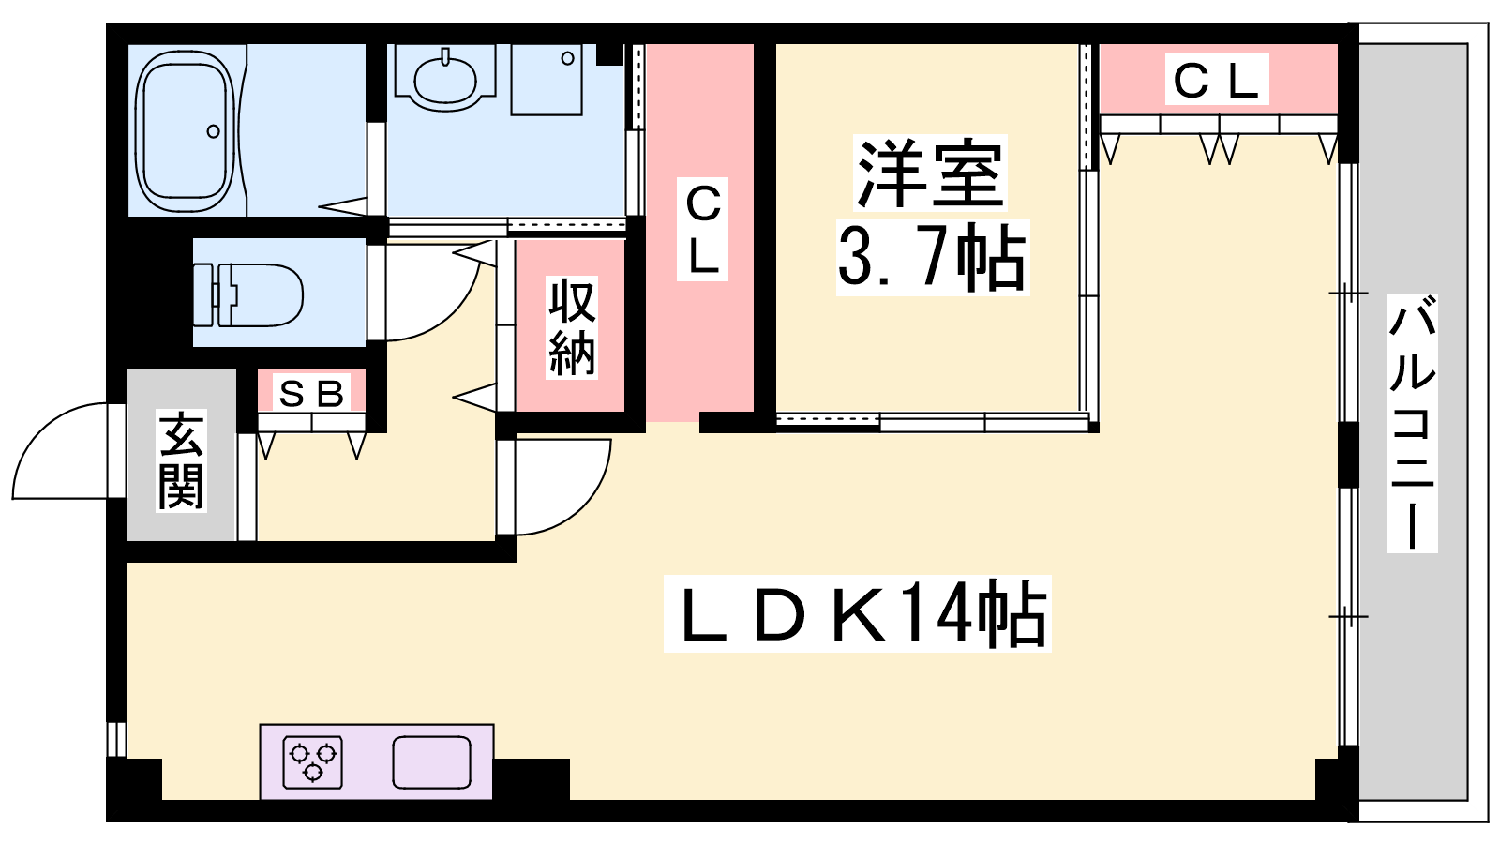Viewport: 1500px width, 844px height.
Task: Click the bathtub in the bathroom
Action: pyautogui.click(x=187, y=130)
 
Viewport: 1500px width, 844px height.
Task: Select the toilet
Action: pyautogui.click(x=248, y=295)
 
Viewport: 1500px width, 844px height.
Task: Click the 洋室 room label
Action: pyautogui.click(x=931, y=173)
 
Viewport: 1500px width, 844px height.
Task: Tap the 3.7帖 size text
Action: pyautogui.click(x=932, y=257)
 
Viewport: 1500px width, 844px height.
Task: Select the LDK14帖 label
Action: pyautogui.click(x=858, y=613)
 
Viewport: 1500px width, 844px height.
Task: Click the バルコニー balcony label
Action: pyautogui.click(x=1412, y=423)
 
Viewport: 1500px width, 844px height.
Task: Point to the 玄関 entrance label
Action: pyautogui.click(x=182, y=460)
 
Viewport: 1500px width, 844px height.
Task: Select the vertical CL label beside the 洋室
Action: pyautogui.click(x=702, y=229)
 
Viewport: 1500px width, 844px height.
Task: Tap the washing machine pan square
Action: pyautogui.click(x=547, y=79)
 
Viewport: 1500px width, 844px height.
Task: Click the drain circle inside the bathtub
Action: pyautogui.click(x=214, y=131)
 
